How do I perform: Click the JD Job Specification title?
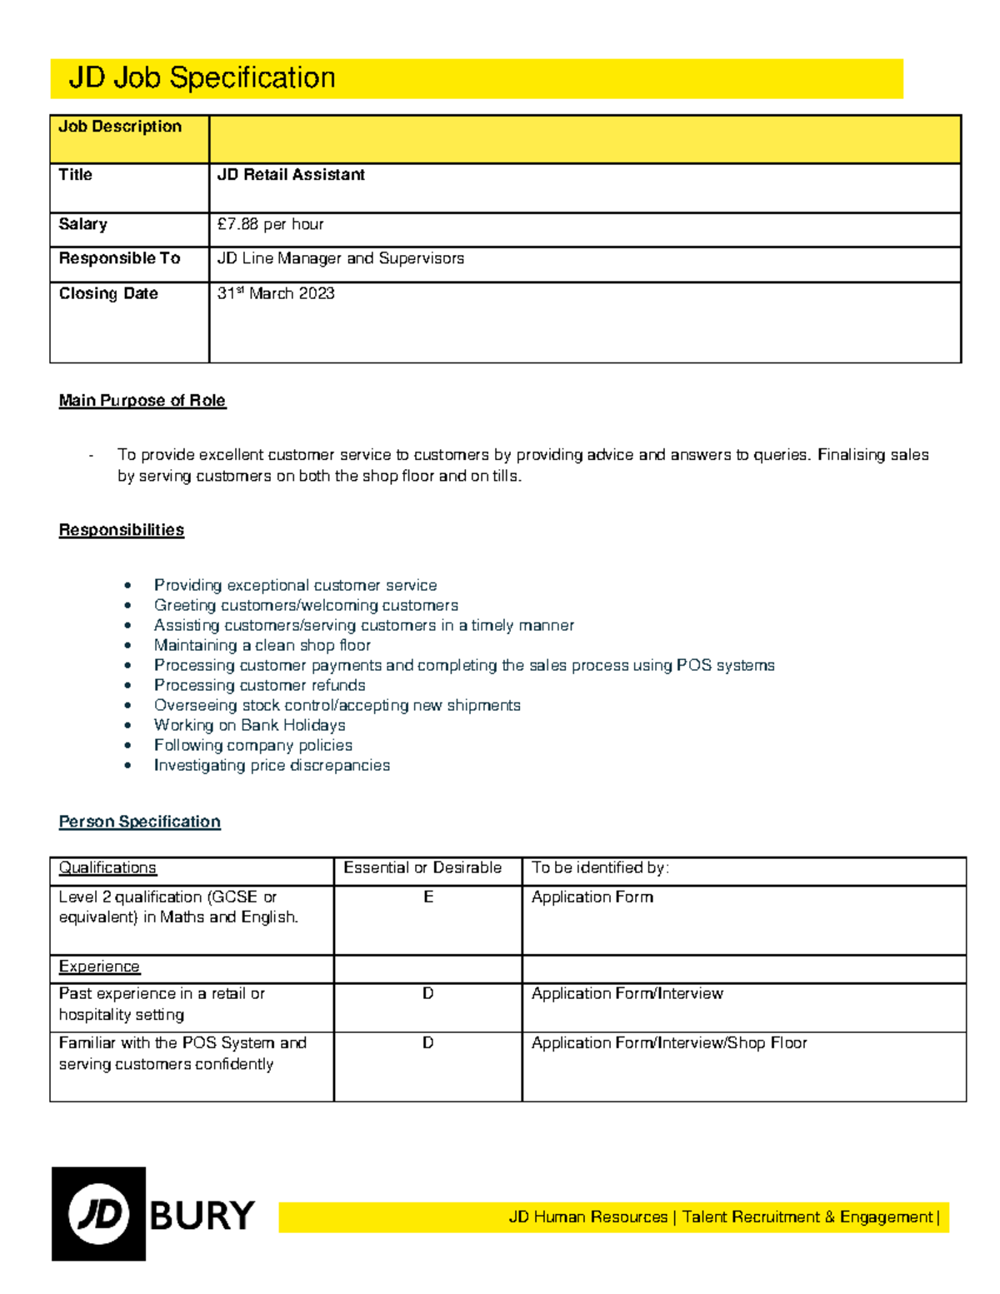(202, 78)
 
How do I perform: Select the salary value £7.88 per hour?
(270, 224)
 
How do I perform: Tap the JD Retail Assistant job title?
(291, 175)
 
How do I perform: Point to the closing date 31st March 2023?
(276, 293)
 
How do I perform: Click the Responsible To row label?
(119, 258)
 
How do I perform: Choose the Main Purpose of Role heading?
(142, 401)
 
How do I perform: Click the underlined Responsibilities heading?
(121, 530)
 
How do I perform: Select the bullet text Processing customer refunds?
(259, 685)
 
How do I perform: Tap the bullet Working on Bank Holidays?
(249, 725)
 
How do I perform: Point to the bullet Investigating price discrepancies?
(272, 765)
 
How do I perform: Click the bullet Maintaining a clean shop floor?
(262, 645)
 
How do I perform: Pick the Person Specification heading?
(139, 822)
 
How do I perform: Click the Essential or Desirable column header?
(422, 867)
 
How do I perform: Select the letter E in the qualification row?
(428, 897)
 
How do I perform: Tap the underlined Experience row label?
(99, 967)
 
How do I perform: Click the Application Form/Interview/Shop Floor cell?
(669, 1042)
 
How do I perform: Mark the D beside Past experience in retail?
(427, 993)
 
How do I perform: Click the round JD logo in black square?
(98, 1214)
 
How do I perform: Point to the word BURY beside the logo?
(202, 1216)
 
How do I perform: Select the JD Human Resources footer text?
(588, 1217)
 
